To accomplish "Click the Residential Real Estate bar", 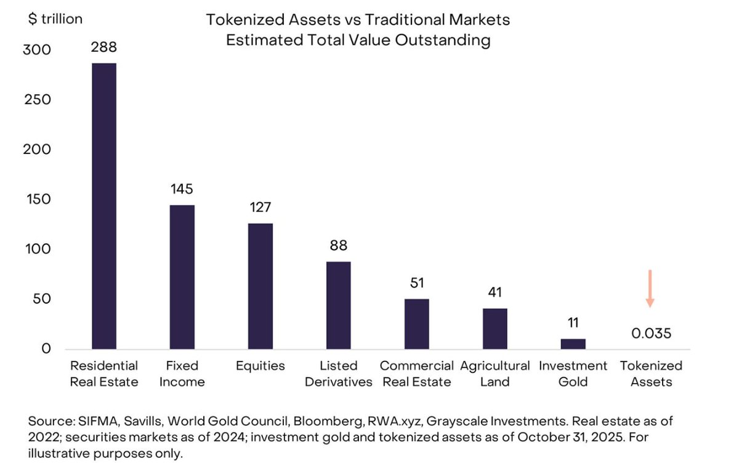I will pos(103,206).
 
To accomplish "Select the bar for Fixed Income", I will pos(182,277).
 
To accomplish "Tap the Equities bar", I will pos(260,286).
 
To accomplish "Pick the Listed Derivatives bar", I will pos(338,305).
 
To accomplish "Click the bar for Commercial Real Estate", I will pos(416,324).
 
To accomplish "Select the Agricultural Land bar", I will pos(495,329).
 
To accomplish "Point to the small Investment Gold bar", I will pos(573,344).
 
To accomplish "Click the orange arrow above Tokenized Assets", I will pos(650,288).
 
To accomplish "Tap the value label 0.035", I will pos(651,334).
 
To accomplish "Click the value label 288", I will pos(103,47).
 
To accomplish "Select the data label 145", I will pos(182,188).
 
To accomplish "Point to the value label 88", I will pos(338,246).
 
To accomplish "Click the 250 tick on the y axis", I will pos(37,100).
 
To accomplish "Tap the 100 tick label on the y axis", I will pos(37,249).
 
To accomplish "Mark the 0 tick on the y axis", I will pos(46,349).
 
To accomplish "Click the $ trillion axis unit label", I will pos(55,19).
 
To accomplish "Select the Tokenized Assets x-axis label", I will pos(651,374).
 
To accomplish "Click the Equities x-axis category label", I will pos(260,366).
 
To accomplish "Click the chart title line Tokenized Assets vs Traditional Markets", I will pos(358,20).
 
